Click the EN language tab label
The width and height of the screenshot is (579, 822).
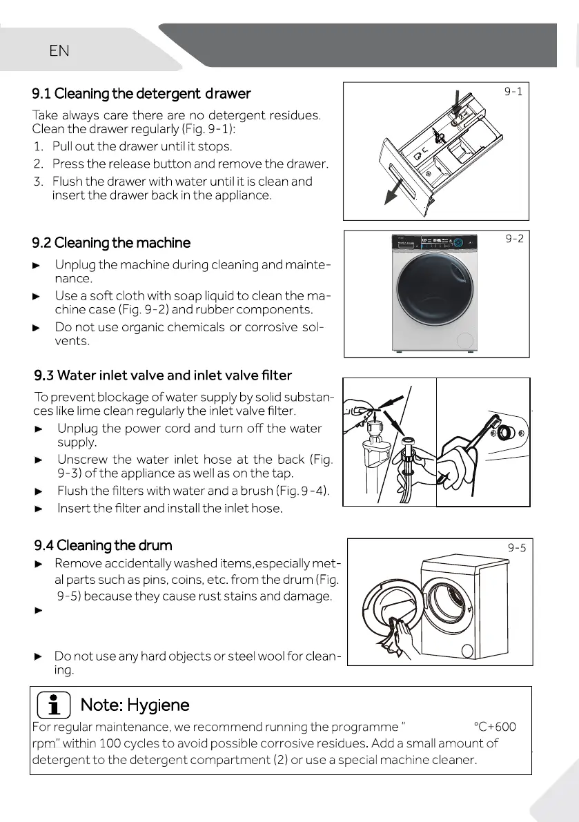[x=59, y=50]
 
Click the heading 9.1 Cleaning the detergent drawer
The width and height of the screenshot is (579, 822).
[x=141, y=93]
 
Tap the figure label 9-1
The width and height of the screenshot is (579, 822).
[x=513, y=91]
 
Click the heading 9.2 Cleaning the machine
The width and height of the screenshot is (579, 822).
[x=111, y=243]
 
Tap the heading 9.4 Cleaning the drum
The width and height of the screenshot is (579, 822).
[x=104, y=546]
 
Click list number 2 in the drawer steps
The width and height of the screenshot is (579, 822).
[x=39, y=164]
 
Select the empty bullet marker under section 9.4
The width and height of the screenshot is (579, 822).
[x=39, y=611]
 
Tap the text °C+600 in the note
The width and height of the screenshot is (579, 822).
[x=494, y=726]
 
